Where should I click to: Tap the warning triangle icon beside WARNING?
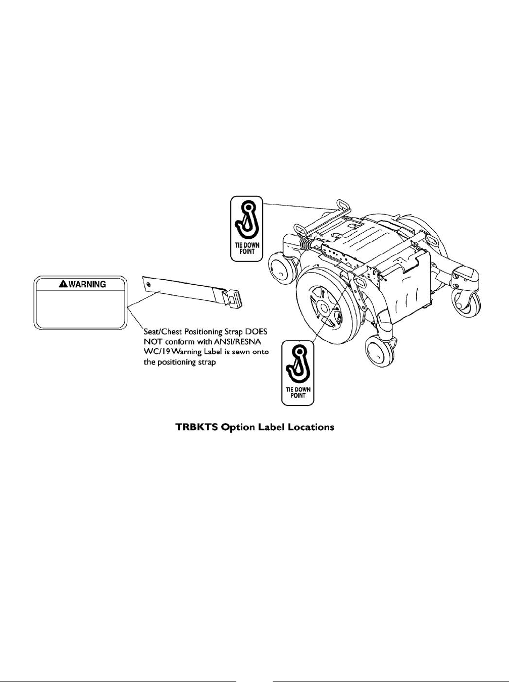pos(63,284)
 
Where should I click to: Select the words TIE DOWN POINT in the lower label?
pos(297,392)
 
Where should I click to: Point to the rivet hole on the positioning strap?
pos(148,285)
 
